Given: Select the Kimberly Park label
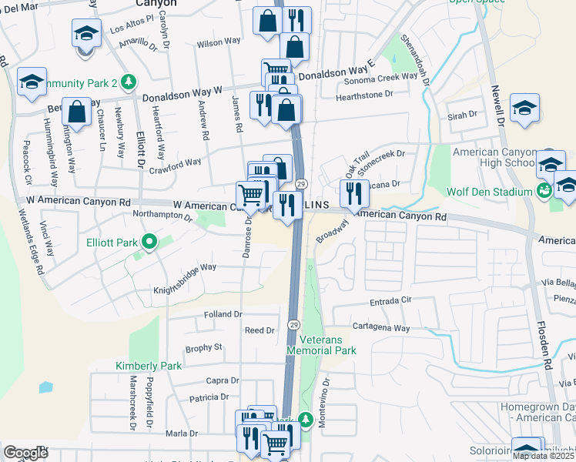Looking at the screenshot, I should click(x=149, y=365).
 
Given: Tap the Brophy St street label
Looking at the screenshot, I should click(x=203, y=348).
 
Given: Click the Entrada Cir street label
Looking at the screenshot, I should click(x=391, y=300).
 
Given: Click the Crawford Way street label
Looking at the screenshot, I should click(x=175, y=163).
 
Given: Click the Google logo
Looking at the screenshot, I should click(x=25, y=452).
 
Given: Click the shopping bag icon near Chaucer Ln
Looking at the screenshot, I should click(x=77, y=113).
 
